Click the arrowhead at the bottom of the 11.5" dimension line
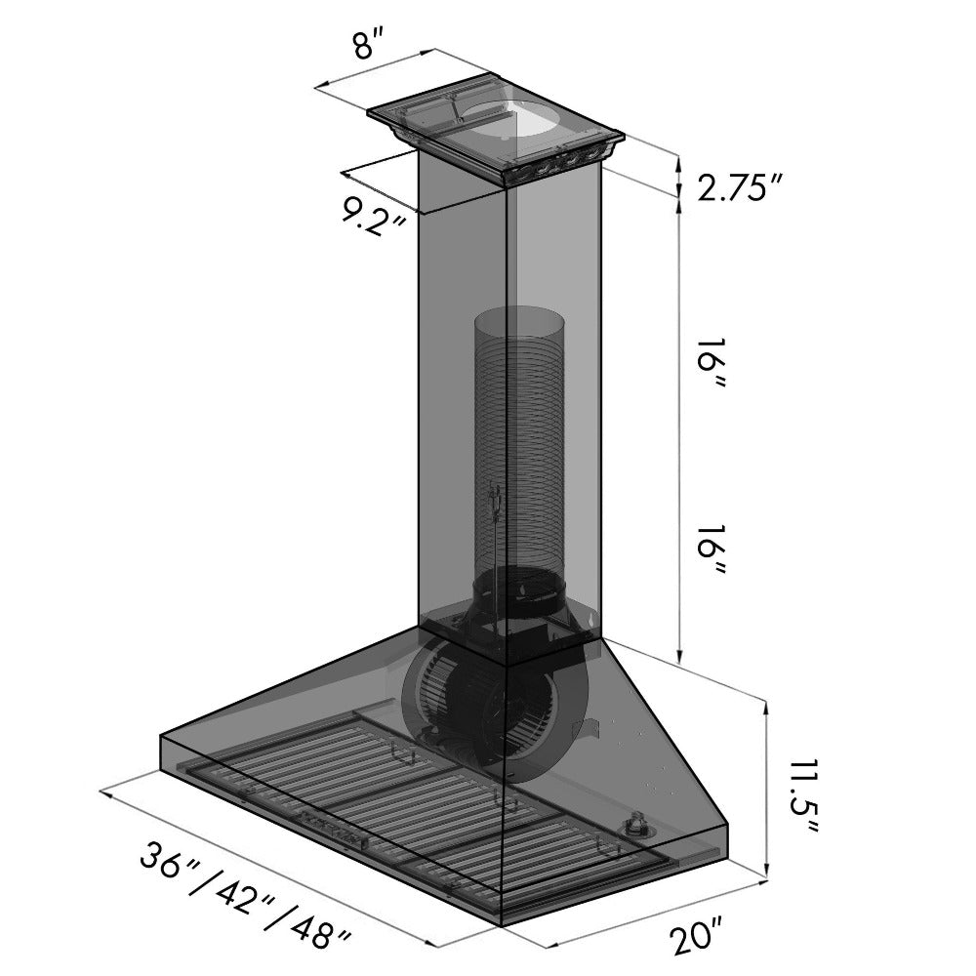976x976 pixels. [771, 870]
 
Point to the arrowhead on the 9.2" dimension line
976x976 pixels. [345, 175]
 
